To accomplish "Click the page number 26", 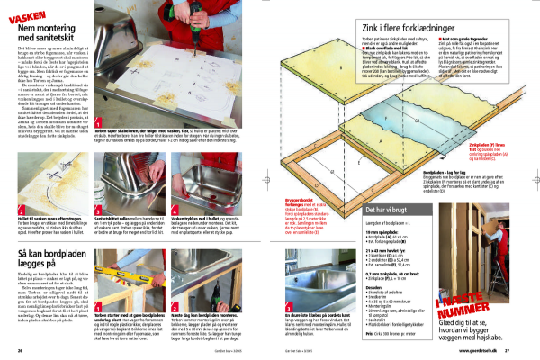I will [20, 350].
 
